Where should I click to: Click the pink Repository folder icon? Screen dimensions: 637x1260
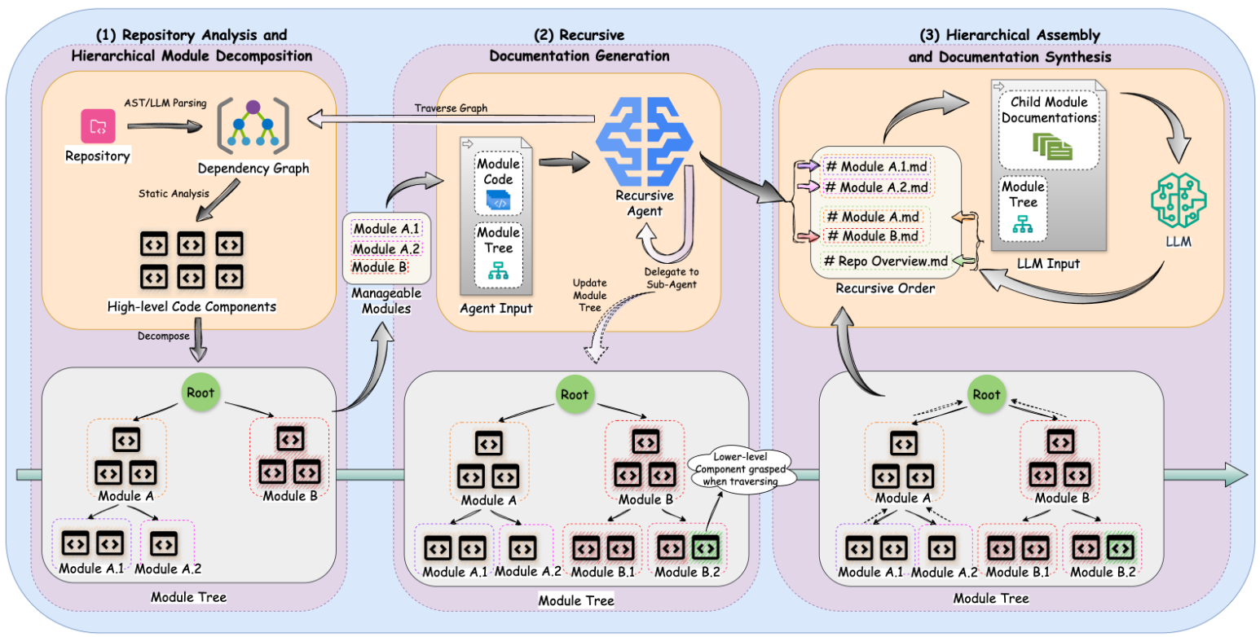tap(98, 125)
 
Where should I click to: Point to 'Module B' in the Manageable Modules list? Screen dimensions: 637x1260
tap(377, 267)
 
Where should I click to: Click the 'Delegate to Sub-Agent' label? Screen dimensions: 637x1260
tap(672, 277)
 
